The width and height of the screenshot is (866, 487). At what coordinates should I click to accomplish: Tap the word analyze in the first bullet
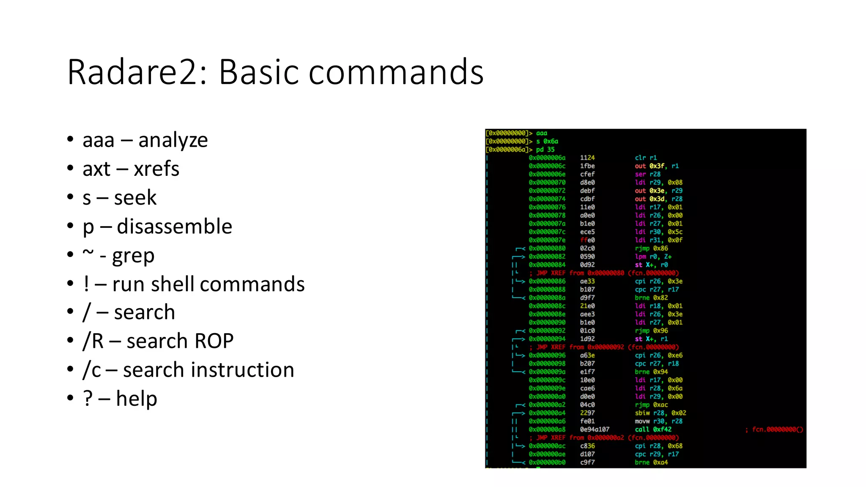tap(173, 140)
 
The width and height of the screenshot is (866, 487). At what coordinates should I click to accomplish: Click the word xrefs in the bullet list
tap(156, 169)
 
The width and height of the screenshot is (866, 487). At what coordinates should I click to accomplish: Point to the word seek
tap(135, 197)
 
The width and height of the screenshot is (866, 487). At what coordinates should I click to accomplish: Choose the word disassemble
tap(174, 226)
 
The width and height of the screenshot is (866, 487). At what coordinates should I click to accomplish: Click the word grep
tap(133, 256)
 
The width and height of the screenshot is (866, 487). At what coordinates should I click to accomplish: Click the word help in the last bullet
tap(136, 399)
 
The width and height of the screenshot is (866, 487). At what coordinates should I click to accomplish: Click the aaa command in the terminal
tap(541, 133)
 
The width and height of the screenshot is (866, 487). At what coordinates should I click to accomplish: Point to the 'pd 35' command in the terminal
tap(545, 150)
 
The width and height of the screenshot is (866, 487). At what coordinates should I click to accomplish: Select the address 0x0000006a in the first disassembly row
tap(547, 158)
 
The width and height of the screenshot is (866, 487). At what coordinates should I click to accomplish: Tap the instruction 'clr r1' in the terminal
tap(646, 158)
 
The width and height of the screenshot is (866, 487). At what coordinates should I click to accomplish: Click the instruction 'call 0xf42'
tap(653, 430)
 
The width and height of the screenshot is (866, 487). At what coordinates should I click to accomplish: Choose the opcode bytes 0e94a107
tap(595, 430)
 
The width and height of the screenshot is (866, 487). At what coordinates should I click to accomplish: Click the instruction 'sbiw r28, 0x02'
tap(660, 413)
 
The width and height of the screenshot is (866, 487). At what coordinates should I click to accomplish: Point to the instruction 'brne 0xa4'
tap(651, 462)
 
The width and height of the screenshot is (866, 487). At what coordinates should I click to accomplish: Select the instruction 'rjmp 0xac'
tap(651, 405)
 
